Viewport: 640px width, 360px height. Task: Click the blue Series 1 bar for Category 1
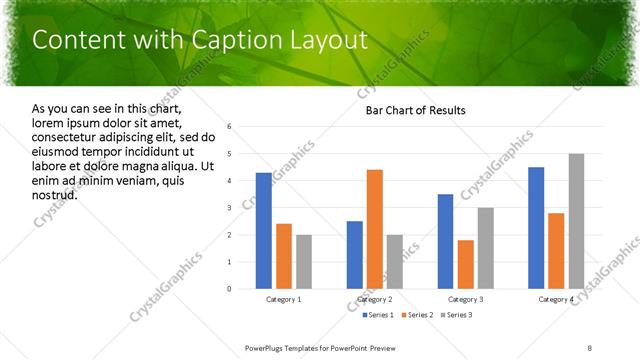pyautogui.click(x=264, y=231)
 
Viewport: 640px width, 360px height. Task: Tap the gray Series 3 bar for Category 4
pyautogui.click(x=576, y=221)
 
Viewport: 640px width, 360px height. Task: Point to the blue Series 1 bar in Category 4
pyautogui.click(x=536, y=228)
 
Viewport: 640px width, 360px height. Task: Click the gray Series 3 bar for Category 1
pyautogui.click(x=304, y=262)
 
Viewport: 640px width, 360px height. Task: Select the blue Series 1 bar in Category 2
pyautogui.click(x=355, y=255)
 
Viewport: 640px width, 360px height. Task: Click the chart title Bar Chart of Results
pyautogui.click(x=415, y=110)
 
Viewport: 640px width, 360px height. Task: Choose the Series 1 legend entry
pyautogui.click(x=377, y=316)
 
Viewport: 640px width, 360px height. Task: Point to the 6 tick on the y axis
pyautogui.click(x=230, y=127)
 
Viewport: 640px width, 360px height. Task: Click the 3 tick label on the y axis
pyautogui.click(x=230, y=208)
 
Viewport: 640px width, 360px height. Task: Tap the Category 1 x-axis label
pyautogui.click(x=284, y=299)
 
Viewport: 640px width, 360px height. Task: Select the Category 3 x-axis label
pyautogui.click(x=465, y=299)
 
